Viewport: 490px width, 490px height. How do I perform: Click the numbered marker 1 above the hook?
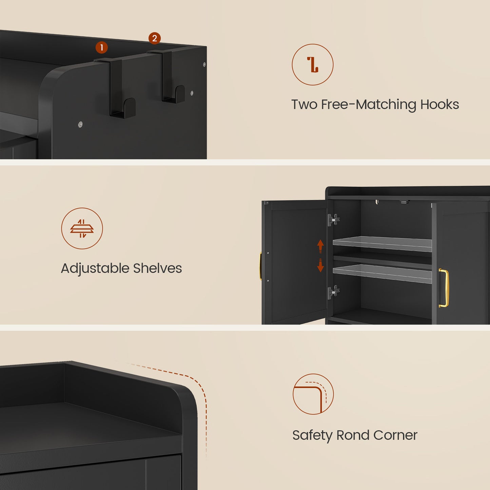point(101,47)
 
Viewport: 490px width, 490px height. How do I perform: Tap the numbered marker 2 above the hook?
point(154,38)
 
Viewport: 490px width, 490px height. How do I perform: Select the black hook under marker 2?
point(170,80)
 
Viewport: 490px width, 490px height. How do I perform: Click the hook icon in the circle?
point(312,64)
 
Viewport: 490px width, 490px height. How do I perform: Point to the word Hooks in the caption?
point(439,104)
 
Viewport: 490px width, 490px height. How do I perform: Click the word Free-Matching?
point(368,104)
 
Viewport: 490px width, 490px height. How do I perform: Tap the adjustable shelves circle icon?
point(82,228)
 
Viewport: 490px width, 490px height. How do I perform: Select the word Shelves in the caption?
point(157,268)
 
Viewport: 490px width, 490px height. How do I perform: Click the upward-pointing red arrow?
point(320,246)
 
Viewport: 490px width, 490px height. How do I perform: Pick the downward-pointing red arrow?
point(320,265)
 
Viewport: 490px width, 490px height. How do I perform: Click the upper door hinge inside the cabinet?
point(333,219)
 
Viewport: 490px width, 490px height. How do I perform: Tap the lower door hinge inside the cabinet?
point(333,292)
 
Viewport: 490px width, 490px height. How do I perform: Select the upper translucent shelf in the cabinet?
point(383,243)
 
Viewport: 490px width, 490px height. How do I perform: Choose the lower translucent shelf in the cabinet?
point(383,273)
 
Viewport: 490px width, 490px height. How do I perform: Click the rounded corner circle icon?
point(313,394)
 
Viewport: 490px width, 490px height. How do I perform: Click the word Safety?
point(312,435)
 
